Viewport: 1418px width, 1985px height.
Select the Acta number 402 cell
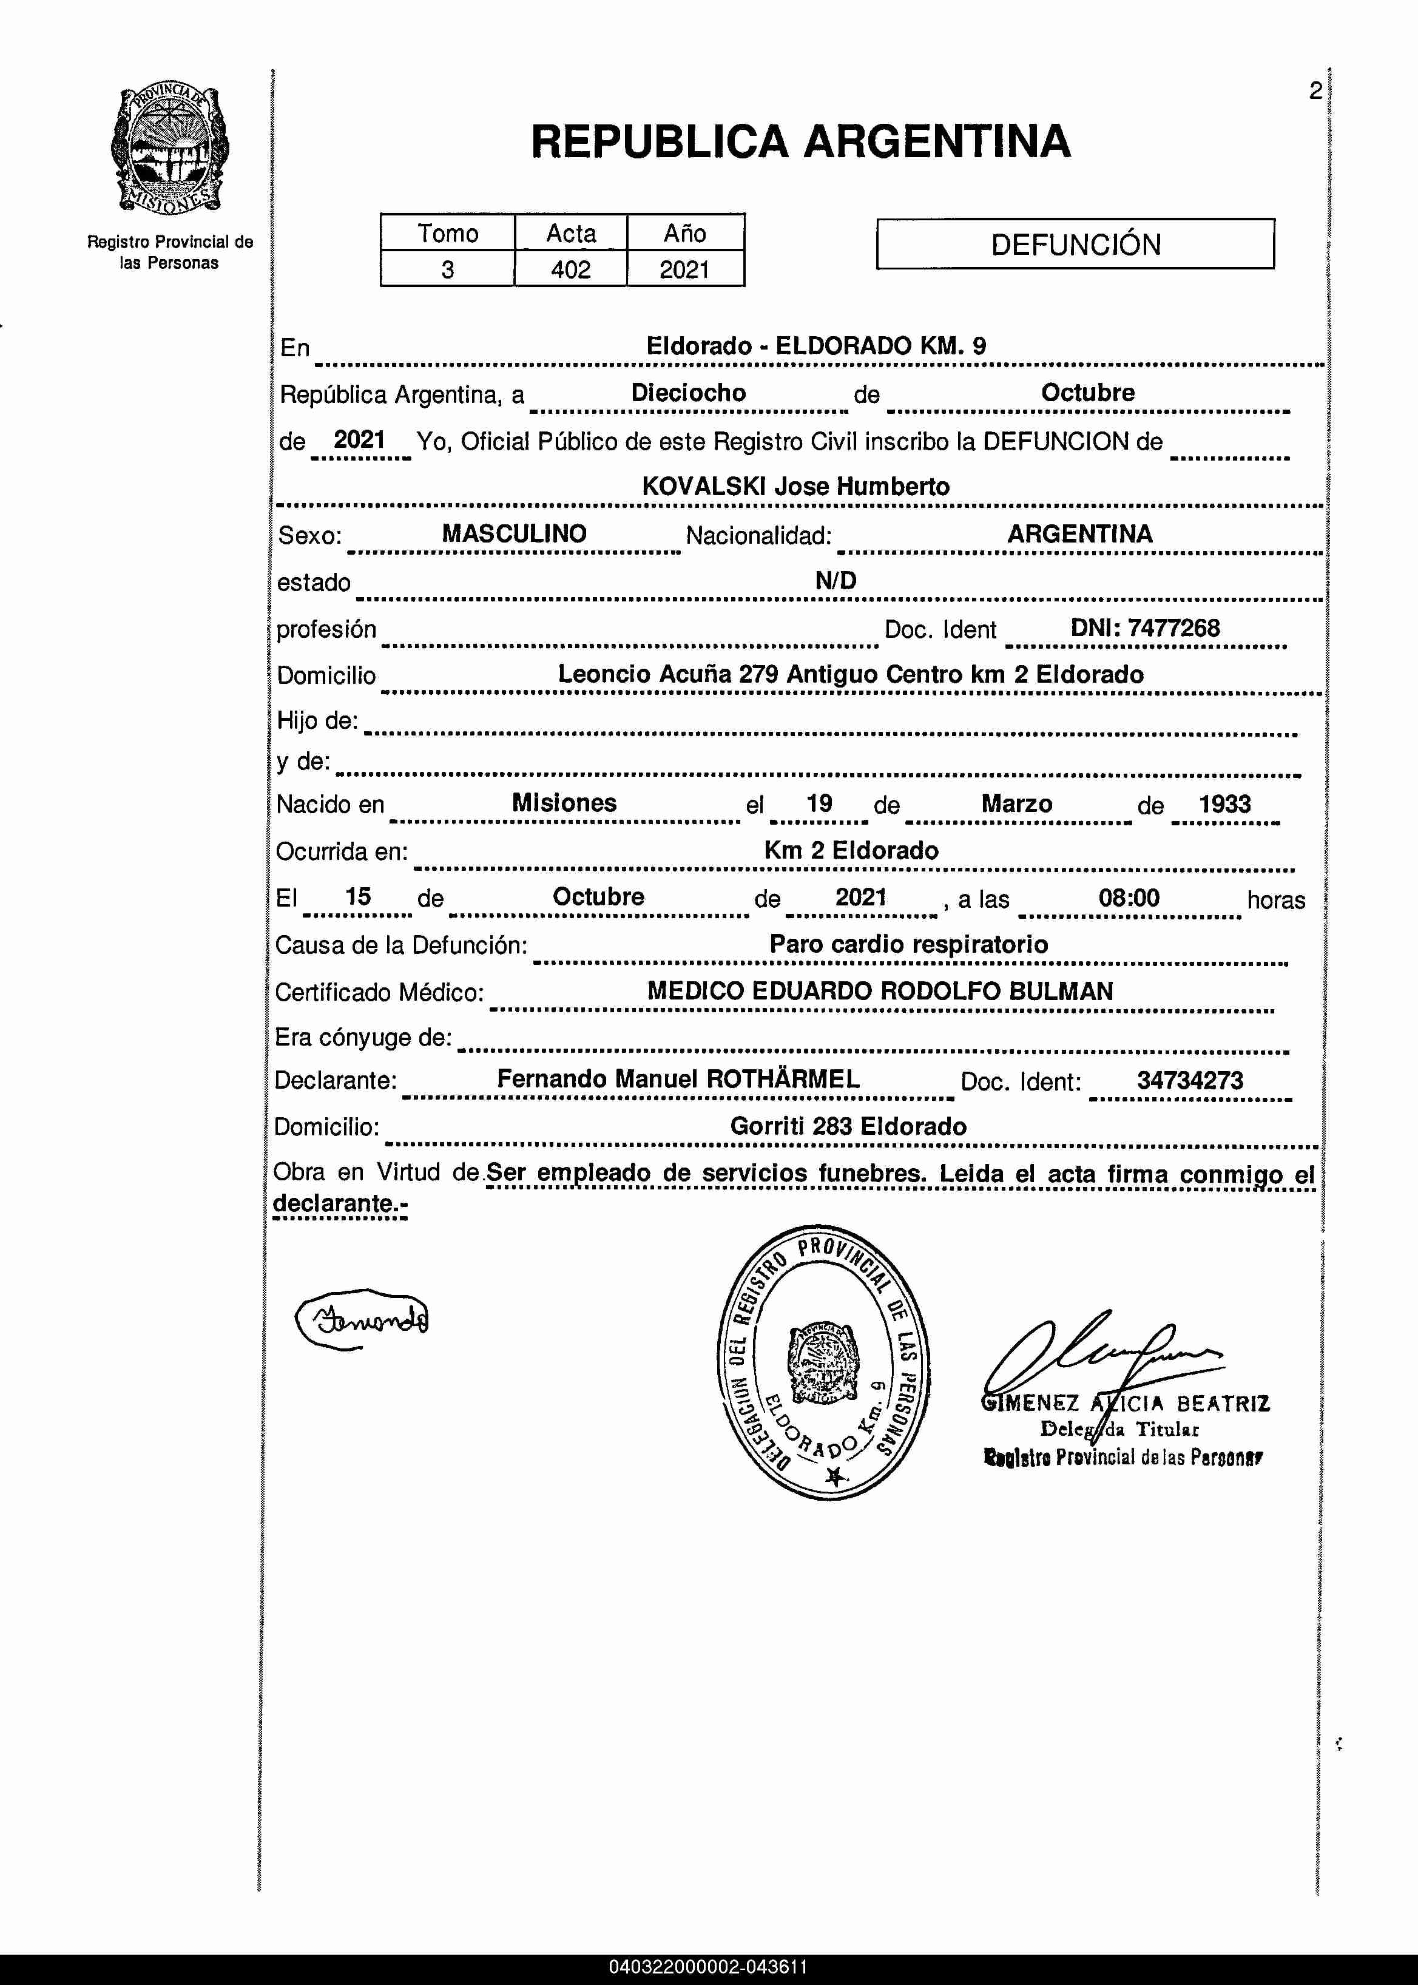[570, 269]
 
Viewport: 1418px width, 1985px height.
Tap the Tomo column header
[447, 233]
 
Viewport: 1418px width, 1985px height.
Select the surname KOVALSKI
[704, 487]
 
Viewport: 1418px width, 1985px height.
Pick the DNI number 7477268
[1173, 628]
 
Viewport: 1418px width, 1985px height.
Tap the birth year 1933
[1224, 803]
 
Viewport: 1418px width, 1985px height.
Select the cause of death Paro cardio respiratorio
[908, 944]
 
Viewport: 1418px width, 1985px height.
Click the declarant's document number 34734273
[1189, 1080]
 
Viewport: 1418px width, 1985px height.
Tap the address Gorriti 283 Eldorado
[848, 1126]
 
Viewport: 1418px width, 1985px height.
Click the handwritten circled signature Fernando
[362, 1319]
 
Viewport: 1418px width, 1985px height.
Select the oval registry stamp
[823, 1362]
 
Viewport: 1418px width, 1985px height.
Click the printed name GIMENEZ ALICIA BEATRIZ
[1126, 1404]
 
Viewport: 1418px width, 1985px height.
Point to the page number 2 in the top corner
[1315, 91]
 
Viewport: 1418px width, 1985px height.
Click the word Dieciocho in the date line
[688, 393]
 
